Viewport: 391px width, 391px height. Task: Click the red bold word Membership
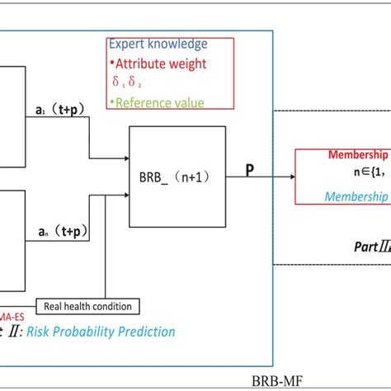point(358,154)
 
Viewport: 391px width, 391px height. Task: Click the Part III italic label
point(366,245)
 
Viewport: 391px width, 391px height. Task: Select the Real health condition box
point(89,306)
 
